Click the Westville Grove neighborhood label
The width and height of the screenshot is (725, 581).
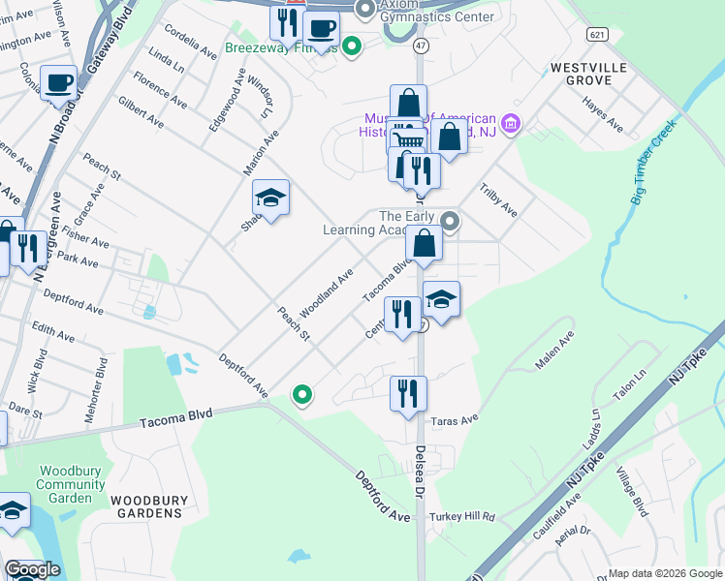588,75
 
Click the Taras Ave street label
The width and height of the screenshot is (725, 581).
456,420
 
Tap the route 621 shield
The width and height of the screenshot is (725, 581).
597,34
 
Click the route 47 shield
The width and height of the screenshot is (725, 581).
420,46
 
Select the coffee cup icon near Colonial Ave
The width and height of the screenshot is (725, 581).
58,84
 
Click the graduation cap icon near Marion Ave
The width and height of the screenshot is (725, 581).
271,199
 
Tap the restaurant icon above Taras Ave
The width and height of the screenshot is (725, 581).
408,393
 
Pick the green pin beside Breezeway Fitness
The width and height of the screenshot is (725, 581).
353,46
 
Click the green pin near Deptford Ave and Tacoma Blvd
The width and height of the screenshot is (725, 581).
302,394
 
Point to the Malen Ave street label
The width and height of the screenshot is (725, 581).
556,350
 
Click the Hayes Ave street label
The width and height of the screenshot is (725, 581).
603,114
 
